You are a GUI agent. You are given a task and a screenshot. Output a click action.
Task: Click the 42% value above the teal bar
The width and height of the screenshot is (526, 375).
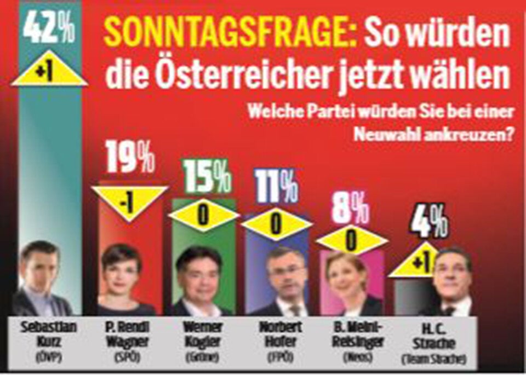point(49,32)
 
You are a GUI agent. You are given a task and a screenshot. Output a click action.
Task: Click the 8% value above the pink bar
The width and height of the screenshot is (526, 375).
point(350,209)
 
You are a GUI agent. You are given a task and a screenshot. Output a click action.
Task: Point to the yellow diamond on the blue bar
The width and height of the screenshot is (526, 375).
point(276,224)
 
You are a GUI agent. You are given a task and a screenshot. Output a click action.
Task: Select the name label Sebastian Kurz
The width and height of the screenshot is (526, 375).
point(41,335)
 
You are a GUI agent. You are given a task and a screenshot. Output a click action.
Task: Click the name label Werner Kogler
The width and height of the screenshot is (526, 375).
point(203,335)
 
